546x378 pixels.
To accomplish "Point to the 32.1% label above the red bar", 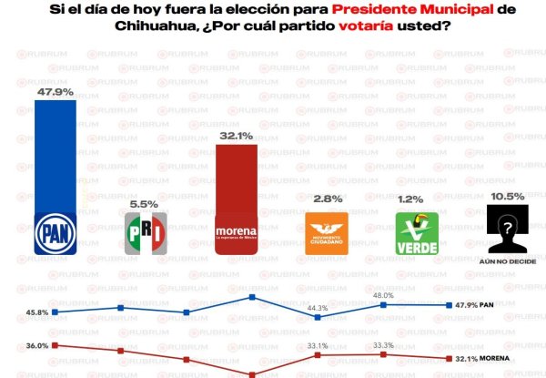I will pyautogui.click(x=237, y=136).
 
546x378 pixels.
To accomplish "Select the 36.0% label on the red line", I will pyautogui.click(x=36, y=346).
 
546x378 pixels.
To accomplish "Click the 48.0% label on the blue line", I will pyautogui.click(x=383, y=295).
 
